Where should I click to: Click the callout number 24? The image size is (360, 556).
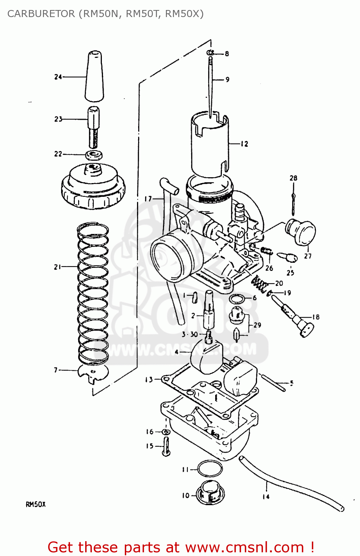[58, 77]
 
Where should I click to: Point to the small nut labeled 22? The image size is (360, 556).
[94, 155]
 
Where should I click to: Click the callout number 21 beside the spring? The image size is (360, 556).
[57, 267]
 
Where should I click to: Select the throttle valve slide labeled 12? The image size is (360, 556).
[209, 145]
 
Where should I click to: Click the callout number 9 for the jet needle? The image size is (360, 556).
[227, 80]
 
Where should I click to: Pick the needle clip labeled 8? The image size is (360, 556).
[210, 53]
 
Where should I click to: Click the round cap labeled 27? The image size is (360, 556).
[301, 232]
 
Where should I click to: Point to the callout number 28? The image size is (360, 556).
[293, 178]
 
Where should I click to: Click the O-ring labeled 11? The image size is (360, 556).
[210, 469]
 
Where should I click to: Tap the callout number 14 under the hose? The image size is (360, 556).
[266, 497]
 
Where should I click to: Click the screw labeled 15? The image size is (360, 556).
[166, 446]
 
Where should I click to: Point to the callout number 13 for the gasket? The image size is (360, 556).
[149, 380]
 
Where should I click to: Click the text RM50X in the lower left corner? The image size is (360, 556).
[36, 504]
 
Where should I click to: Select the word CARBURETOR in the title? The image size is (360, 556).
[41, 14]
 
